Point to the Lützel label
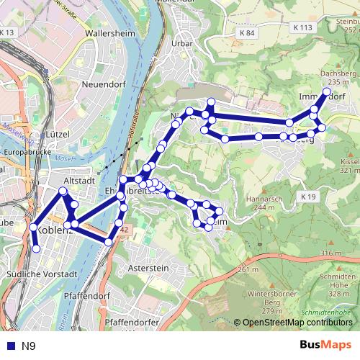(56, 134)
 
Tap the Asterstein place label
(148, 268)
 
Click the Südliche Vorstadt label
(51, 274)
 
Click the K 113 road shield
(304, 27)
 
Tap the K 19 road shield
(308, 196)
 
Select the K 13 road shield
(7, 33)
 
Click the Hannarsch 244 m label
(260, 202)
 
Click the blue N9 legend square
(7, 346)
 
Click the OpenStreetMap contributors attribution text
(297, 323)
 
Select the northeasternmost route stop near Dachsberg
(326, 92)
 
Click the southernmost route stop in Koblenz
(36, 248)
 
